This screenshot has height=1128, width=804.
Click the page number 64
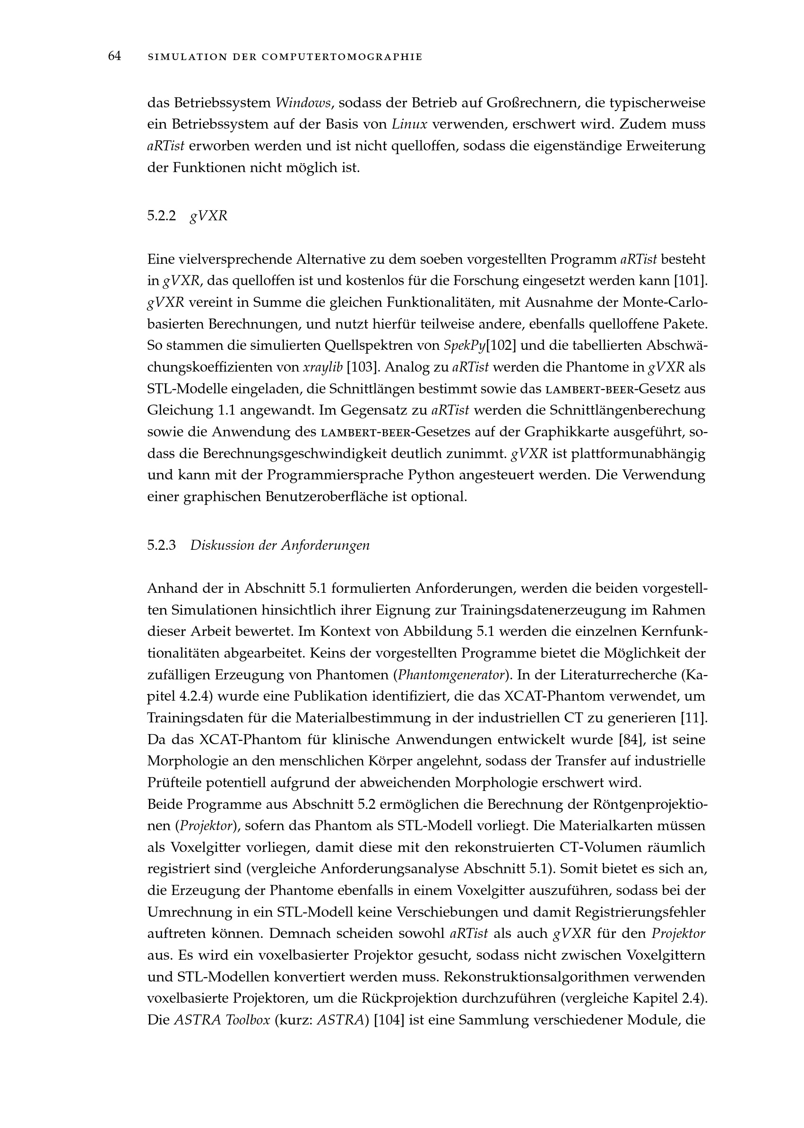[114, 56]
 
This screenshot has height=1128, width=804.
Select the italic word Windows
[303, 103]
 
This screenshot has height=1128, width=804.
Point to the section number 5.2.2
[161, 217]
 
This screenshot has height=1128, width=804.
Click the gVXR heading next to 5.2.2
[208, 217]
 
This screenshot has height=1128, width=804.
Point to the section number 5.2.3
[161, 546]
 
